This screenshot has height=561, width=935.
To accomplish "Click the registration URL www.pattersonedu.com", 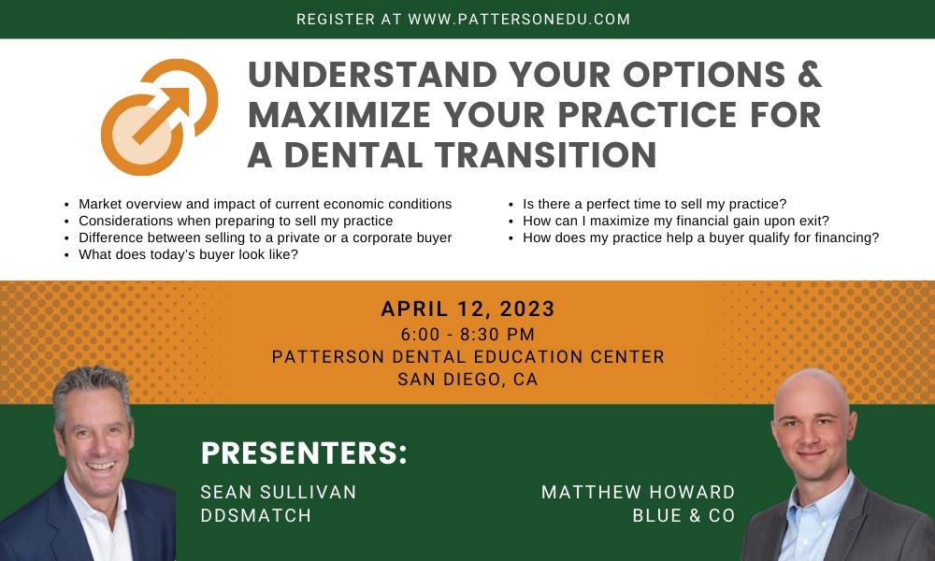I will [x=519, y=19].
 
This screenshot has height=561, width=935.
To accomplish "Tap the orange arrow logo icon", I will [x=159, y=117].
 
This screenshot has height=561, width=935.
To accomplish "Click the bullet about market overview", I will [x=265, y=204].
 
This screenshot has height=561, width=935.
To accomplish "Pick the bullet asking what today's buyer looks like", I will [x=188, y=254].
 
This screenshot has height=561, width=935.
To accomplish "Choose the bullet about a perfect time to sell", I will [x=654, y=204].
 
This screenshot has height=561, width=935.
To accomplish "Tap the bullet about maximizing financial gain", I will [x=676, y=221].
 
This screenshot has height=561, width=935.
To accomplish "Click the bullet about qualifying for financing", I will [x=700, y=237].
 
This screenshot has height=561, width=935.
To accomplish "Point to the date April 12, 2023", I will [x=467, y=309].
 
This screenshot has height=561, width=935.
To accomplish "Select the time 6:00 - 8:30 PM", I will [x=467, y=334].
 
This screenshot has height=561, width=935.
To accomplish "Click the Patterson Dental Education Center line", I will [x=467, y=356].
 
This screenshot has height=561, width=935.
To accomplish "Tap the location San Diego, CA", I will [x=467, y=380].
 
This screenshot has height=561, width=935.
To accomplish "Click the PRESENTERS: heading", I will [x=305, y=453].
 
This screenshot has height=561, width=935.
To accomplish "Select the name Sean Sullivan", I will [x=279, y=492].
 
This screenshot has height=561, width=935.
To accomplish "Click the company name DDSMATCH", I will [x=255, y=515].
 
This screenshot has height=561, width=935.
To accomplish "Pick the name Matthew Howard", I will [x=638, y=492].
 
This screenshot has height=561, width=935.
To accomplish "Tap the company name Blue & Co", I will [x=683, y=515].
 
